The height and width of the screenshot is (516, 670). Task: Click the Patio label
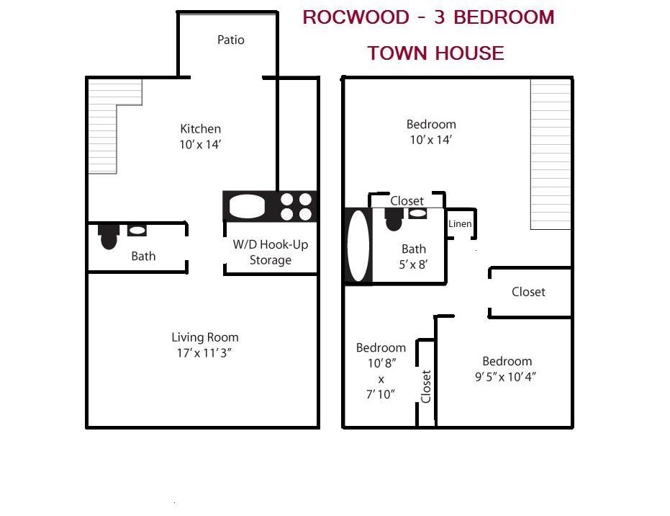point(231,40)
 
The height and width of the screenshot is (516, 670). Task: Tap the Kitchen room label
point(201,129)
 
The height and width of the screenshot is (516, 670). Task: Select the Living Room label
point(205,337)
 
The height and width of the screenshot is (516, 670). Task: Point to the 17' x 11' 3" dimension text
point(205,353)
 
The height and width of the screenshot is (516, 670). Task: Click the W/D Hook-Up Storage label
point(271,252)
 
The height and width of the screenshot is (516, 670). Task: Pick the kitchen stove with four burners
point(296,207)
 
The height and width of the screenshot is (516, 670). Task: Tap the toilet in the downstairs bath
point(109,236)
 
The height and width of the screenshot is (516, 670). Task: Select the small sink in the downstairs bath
point(137,231)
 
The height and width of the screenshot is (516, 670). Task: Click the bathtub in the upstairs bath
point(358,246)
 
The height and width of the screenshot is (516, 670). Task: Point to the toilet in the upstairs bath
point(394,218)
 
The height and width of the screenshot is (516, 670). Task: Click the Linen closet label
point(460,224)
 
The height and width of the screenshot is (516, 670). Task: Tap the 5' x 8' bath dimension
point(414,264)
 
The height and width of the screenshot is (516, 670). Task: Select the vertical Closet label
point(426,387)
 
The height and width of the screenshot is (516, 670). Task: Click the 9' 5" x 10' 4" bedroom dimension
point(507,377)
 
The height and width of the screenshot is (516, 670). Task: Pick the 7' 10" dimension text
point(381,394)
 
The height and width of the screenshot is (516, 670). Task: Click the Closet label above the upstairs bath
point(407,201)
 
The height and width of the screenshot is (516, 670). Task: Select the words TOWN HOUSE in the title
point(435,53)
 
